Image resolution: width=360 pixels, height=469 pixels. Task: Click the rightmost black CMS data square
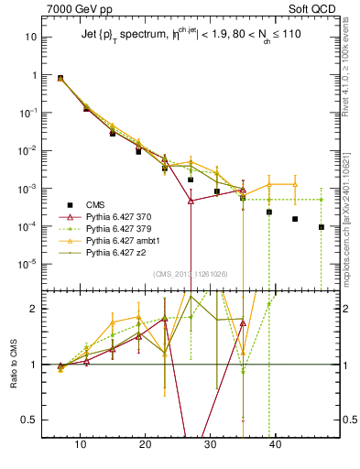pyautogui.click(x=322, y=227)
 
